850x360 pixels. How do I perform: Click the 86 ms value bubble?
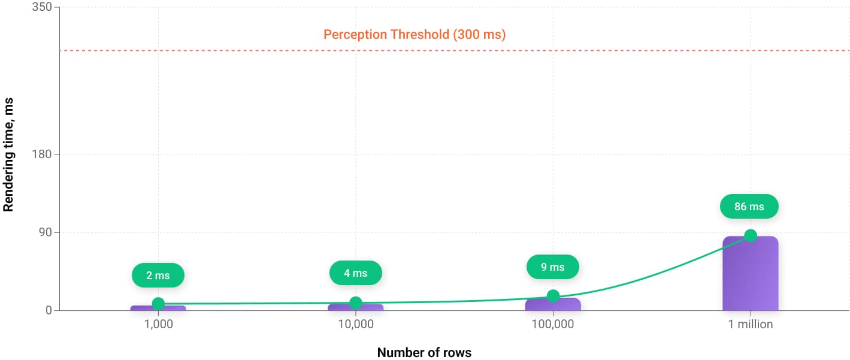(x=749, y=207)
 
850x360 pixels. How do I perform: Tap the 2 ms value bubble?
(x=158, y=276)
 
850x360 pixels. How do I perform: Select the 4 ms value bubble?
(x=355, y=273)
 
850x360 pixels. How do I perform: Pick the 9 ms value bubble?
(x=552, y=267)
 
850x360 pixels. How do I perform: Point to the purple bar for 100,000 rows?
(x=553, y=305)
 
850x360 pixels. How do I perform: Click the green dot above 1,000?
(x=158, y=304)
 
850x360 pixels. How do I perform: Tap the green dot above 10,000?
(x=355, y=302)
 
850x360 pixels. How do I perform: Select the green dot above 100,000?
(x=553, y=295)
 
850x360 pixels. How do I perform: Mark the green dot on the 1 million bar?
(x=750, y=235)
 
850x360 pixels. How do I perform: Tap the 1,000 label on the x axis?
(x=158, y=325)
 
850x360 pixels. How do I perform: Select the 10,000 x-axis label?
(x=355, y=325)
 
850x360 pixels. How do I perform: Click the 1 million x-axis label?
(x=750, y=325)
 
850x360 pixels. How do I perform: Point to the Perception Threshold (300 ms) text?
(x=415, y=35)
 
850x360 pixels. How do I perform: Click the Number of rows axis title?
(x=424, y=352)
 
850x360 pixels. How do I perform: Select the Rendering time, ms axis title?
(x=8, y=155)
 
